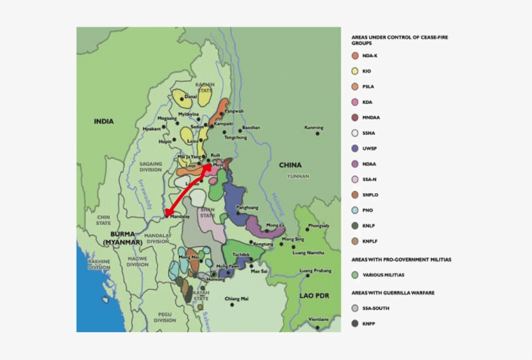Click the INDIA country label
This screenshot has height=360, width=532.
coord(103,121)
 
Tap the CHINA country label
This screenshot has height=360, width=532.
coord(290,165)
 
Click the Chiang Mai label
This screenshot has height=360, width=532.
coord(236,298)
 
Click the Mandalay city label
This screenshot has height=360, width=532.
coord(179,217)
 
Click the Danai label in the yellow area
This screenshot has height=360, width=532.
coord(191,97)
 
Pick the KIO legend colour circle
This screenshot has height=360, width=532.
coord(355,71)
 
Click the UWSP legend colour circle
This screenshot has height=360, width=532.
coord(355,149)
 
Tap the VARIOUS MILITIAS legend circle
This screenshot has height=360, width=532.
coord(355,275)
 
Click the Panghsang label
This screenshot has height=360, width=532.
coord(247,207)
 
